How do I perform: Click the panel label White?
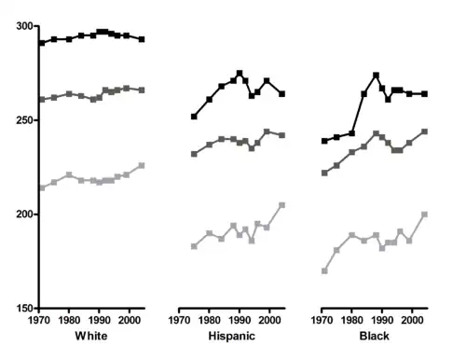[x=90, y=335]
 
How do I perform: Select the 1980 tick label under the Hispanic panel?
[x=209, y=320]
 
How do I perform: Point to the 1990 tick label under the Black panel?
[x=379, y=320]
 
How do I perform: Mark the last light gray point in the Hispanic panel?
[x=281, y=204]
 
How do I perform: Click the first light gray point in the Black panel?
[x=324, y=270]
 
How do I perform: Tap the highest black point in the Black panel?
[x=376, y=75]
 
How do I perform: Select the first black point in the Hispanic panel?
[x=194, y=117]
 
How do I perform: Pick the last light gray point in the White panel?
[x=142, y=165]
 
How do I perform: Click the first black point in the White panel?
[x=42, y=43]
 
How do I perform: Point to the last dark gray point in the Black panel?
[x=424, y=132]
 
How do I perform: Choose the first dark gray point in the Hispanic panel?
[x=194, y=154]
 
